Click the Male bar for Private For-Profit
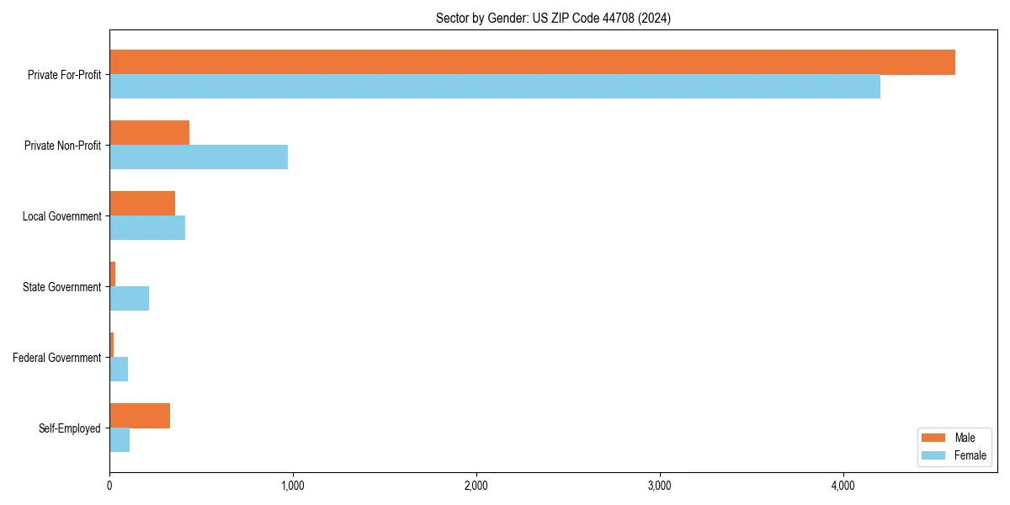(x=532, y=62)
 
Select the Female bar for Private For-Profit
(x=495, y=87)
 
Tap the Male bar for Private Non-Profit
(x=149, y=133)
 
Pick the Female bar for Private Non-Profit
(x=199, y=157)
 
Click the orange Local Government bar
(x=142, y=204)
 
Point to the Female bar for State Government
(x=129, y=299)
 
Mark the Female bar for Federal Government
(x=119, y=369)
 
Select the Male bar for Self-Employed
(x=140, y=416)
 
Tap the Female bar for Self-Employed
(x=120, y=440)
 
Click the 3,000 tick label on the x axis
(x=660, y=486)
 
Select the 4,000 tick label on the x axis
(x=843, y=486)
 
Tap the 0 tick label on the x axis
(x=109, y=486)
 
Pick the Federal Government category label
(x=56, y=358)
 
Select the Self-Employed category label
(x=69, y=428)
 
